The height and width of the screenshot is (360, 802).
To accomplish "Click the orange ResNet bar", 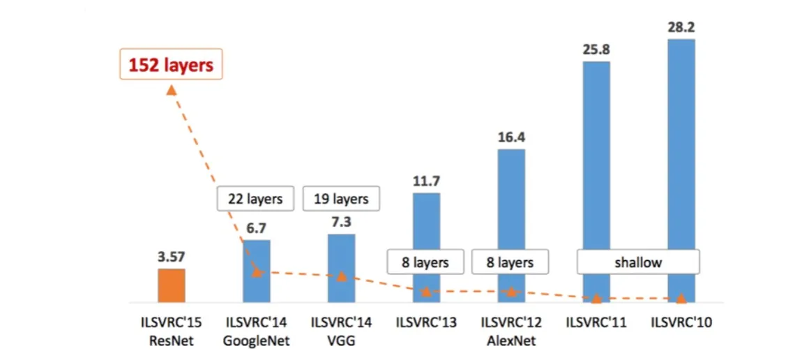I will [171, 285].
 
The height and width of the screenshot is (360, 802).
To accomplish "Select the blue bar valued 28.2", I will [681, 167].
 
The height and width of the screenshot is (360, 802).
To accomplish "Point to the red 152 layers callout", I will [171, 65].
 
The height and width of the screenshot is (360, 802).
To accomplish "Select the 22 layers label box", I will [255, 199].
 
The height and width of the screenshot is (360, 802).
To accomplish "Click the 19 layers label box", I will [341, 199].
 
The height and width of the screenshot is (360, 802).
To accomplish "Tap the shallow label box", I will [638, 262].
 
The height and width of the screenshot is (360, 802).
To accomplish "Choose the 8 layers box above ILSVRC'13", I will [426, 262].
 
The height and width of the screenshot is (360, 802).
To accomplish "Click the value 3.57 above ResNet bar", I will [171, 257].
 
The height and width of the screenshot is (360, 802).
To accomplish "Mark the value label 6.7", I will [256, 227].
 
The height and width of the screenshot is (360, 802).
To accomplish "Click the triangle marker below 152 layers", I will [171, 89].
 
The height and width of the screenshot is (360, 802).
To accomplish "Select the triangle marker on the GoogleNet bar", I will [256, 272].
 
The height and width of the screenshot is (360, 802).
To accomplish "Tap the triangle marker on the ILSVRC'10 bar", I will [681, 299].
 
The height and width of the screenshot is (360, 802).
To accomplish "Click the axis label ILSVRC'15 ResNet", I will [171, 331].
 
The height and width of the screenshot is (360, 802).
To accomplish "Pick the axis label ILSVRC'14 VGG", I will [341, 331].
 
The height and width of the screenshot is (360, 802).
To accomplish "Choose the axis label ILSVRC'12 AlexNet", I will [511, 331].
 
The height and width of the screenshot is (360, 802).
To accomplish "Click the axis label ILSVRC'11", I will [596, 322].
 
